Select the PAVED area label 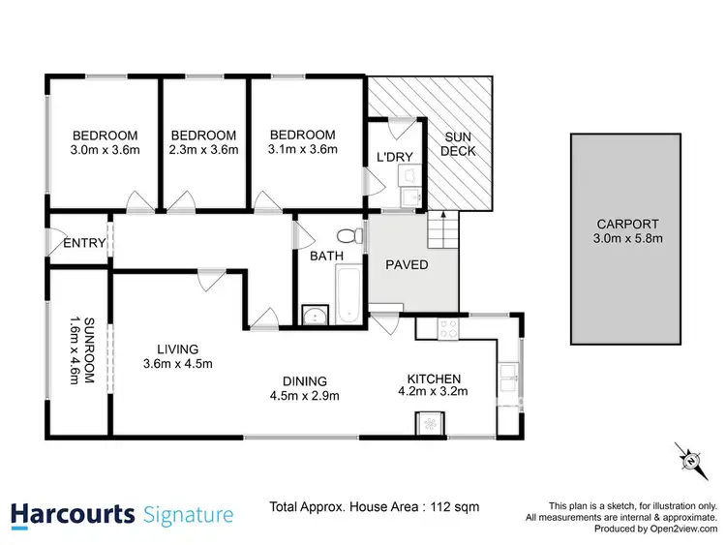click(408, 265)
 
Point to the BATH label click(321, 257)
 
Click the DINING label click(305, 380)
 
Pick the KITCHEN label click(433, 378)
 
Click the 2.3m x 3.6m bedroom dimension click(203, 150)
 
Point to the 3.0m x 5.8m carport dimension click(623, 238)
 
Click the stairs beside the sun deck click(443, 231)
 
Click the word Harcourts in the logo click(72, 514)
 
